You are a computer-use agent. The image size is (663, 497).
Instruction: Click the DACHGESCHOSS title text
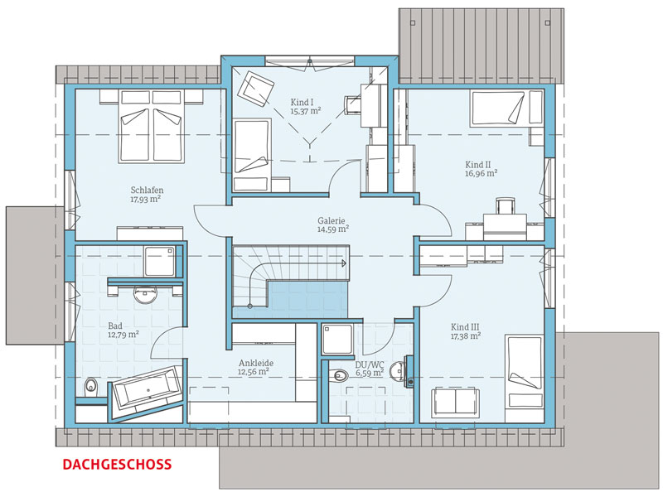(117, 465)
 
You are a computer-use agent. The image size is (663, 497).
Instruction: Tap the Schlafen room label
(147, 191)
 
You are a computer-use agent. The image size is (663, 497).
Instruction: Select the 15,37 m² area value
(305, 112)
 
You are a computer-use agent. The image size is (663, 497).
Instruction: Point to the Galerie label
(331, 220)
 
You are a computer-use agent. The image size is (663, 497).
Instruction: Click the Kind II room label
(478, 164)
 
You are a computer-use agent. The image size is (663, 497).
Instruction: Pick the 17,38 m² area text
(466, 336)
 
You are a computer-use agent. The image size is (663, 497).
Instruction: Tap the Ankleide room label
(256, 363)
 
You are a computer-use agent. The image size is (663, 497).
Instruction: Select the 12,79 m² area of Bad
(123, 335)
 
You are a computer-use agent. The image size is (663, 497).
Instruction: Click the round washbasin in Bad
(145, 295)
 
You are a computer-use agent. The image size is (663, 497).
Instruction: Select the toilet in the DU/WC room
(339, 375)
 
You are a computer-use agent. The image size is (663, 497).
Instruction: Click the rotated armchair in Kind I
(255, 89)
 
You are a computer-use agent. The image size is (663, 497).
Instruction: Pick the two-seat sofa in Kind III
(455, 403)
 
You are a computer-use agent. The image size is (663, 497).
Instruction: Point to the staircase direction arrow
(343, 263)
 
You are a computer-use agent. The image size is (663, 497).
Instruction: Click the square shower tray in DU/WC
(337, 340)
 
